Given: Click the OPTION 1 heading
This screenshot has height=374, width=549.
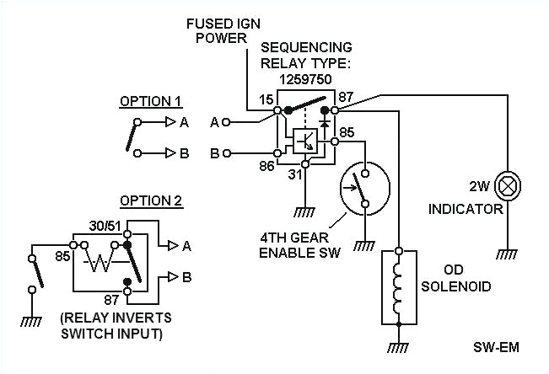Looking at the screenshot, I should pyautogui.click(x=150, y=101).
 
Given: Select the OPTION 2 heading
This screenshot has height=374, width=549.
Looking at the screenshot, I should pyautogui.click(x=150, y=200).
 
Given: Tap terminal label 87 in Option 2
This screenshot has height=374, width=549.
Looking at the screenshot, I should pyautogui.click(x=111, y=299).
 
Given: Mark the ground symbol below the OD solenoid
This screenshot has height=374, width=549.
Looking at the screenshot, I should pyautogui.click(x=398, y=345).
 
